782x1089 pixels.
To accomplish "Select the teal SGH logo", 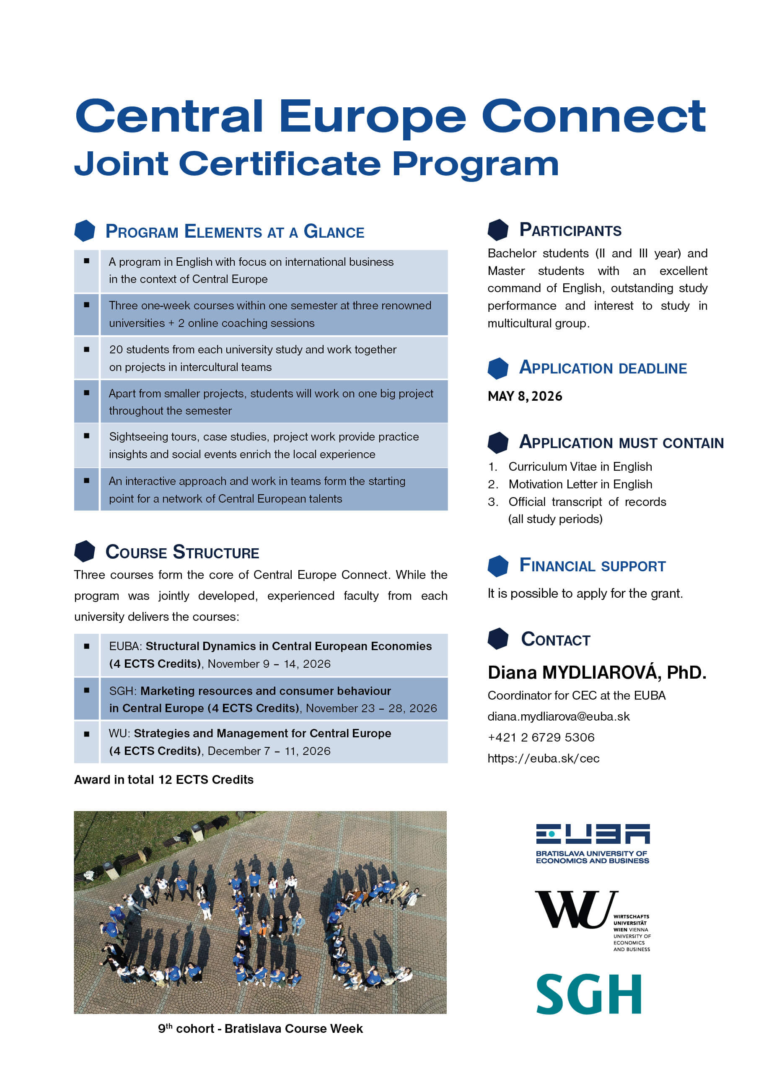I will tap(588, 994).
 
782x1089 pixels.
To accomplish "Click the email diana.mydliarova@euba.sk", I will tap(558, 716).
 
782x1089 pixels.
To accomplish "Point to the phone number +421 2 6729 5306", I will tap(541, 737).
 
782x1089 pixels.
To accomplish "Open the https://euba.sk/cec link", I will tap(543, 758).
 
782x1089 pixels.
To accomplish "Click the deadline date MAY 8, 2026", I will tap(525, 396).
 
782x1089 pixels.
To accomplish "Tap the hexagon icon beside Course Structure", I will tap(85, 551).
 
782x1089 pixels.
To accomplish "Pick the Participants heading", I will tap(570, 230).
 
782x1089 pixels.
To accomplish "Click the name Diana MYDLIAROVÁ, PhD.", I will tap(597, 672).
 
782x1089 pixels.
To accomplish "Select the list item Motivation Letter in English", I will tap(580, 484).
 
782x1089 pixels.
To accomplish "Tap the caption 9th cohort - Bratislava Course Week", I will tap(260, 1029).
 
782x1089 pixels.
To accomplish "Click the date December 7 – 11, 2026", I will tap(269, 751).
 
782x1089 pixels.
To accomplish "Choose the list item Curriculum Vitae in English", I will tap(580, 467).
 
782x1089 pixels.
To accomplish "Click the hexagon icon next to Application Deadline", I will tap(498, 368).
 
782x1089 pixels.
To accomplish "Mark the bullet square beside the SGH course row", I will tap(86, 690).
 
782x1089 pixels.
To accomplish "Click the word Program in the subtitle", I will tap(475, 164).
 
